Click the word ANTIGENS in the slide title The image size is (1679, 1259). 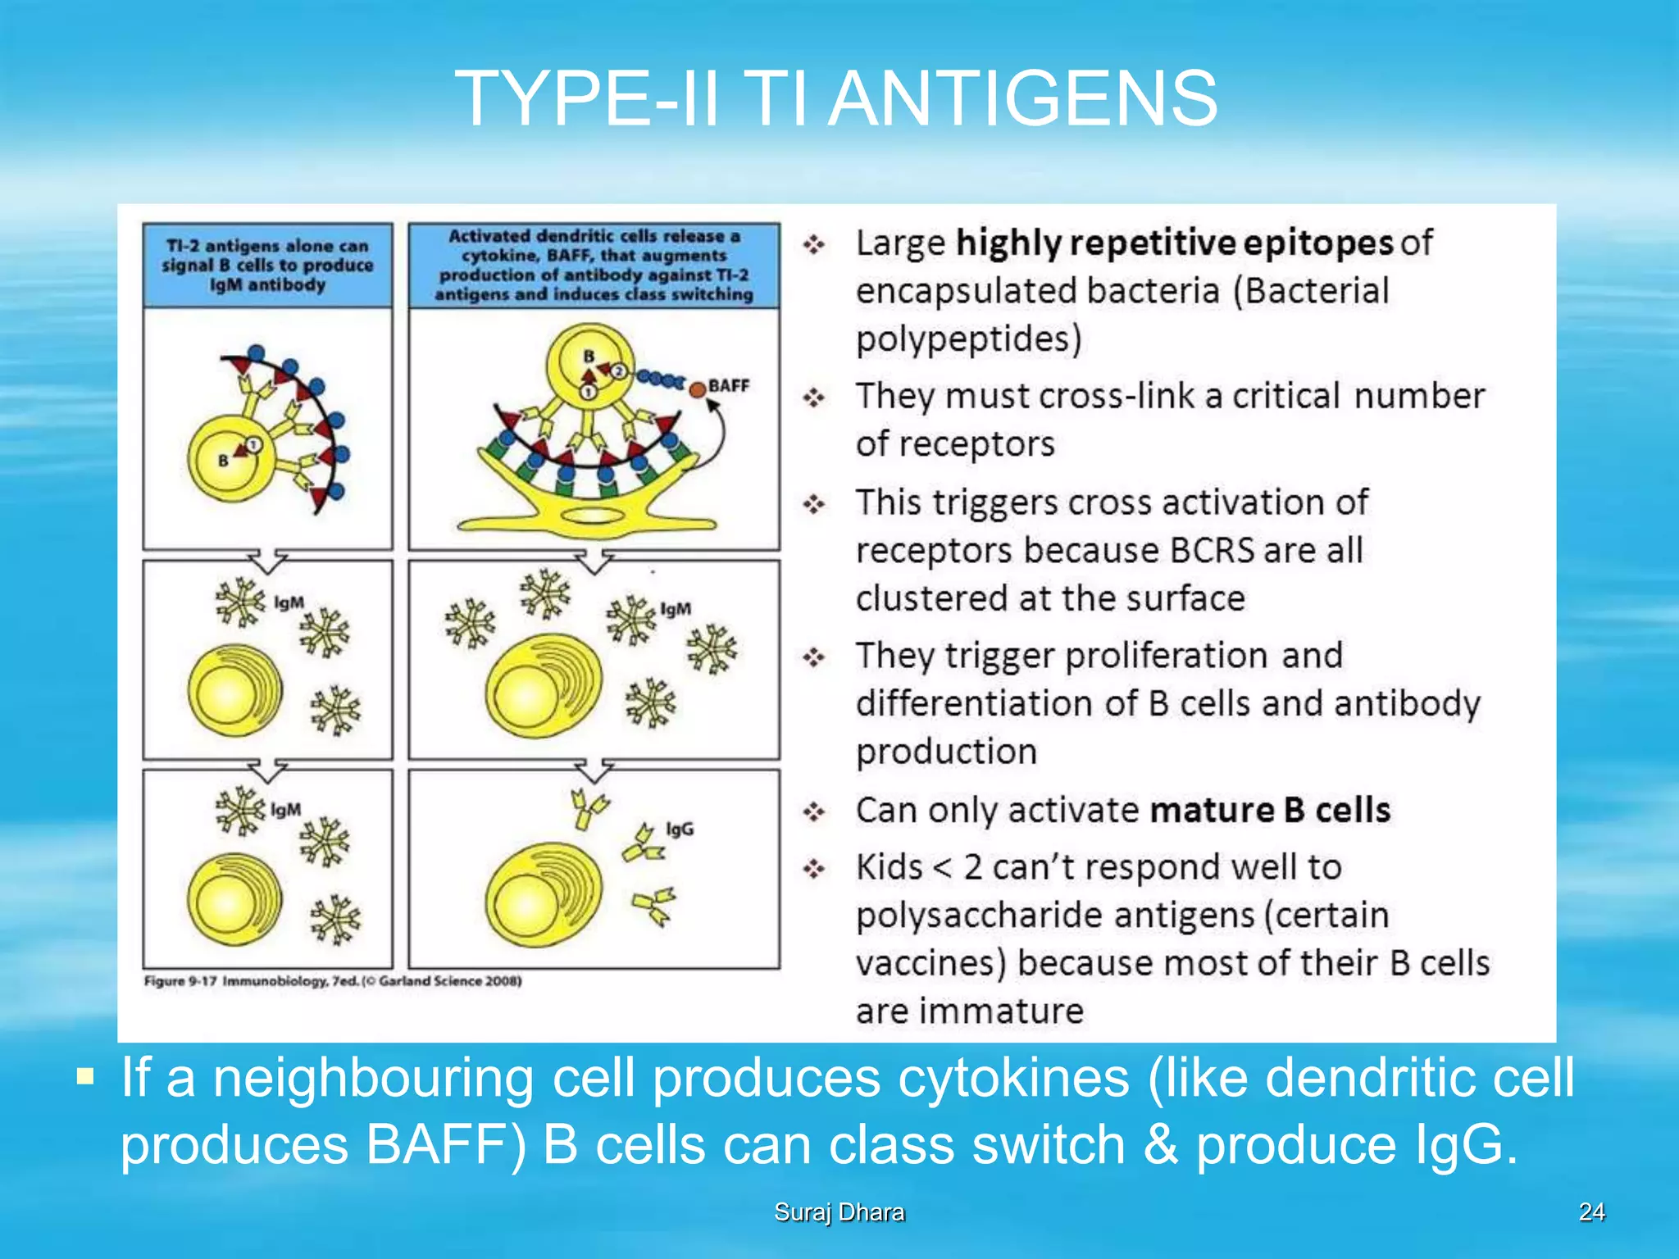[x=1022, y=99]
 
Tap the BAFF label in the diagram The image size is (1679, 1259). [x=729, y=385]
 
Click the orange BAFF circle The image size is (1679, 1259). [x=697, y=390]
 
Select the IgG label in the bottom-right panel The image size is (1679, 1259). [x=680, y=829]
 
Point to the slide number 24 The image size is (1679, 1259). [x=1591, y=1211]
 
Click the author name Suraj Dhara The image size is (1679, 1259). [x=839, y=1212]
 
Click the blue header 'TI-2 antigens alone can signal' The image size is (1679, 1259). [x=267, y=265]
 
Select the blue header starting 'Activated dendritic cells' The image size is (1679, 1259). [x=594, y=265]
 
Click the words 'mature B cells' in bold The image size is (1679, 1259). [x=1270, y=810]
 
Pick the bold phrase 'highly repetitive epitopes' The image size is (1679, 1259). [x=1174, y=243]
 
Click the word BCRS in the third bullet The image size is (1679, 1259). [x=1212, y=550]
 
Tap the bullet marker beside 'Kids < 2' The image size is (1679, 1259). [x=813, y=868]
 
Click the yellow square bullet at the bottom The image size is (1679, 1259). [x=85, y=1075]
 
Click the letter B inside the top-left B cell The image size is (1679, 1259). [x=223, y=461]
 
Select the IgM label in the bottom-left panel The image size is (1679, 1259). [x=286, y=810]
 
